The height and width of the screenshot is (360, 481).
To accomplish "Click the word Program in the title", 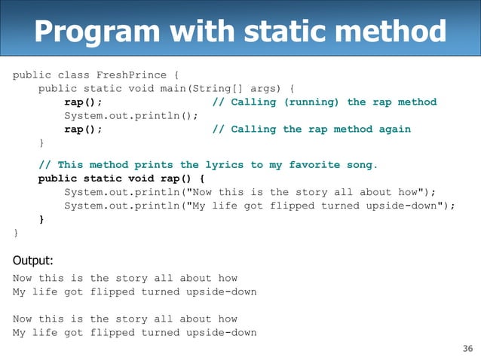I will (x=92, y=32).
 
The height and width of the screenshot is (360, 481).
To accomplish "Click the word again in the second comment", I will (x=395, y=130).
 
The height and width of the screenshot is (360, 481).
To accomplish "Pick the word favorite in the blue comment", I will (x=314, y=165).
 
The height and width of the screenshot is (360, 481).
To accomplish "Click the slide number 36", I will (x=467, y=348).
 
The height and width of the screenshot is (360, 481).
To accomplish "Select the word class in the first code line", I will (x=74, y=75).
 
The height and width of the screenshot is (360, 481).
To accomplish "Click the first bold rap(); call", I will (x=83, y=102).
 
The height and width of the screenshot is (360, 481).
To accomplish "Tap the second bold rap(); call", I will (x=83, y=130).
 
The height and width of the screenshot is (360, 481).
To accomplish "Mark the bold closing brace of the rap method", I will (x=41, y=220).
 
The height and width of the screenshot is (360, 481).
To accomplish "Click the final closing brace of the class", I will (x=15, y=233).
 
